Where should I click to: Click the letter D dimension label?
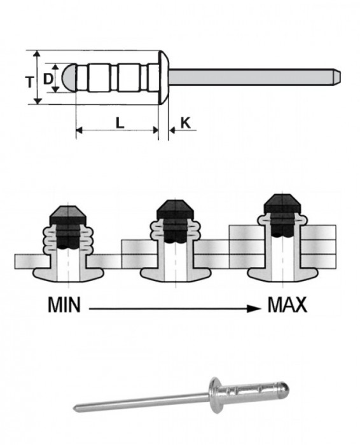click(48, 79)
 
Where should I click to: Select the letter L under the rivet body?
click(120, 122)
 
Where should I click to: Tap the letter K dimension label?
click(185, 121)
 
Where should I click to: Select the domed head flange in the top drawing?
click(163, 77)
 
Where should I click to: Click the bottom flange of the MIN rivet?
click(67, 275)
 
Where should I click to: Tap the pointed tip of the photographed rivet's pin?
click(76, 409)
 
